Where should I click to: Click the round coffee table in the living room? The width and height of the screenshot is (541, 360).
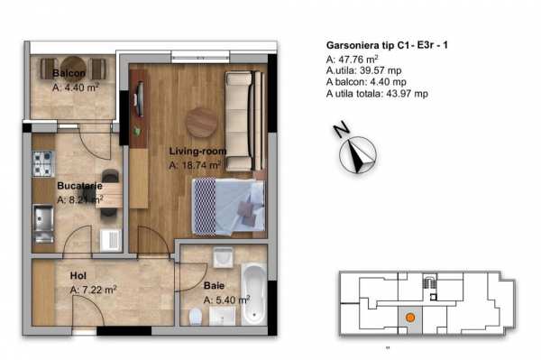(201, 122)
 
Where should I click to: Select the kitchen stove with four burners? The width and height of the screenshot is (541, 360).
(43, 163)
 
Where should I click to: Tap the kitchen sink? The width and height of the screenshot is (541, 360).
(43, 219)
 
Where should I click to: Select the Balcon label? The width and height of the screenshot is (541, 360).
(69, 73)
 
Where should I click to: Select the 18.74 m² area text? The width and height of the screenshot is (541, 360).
(195, 166)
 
